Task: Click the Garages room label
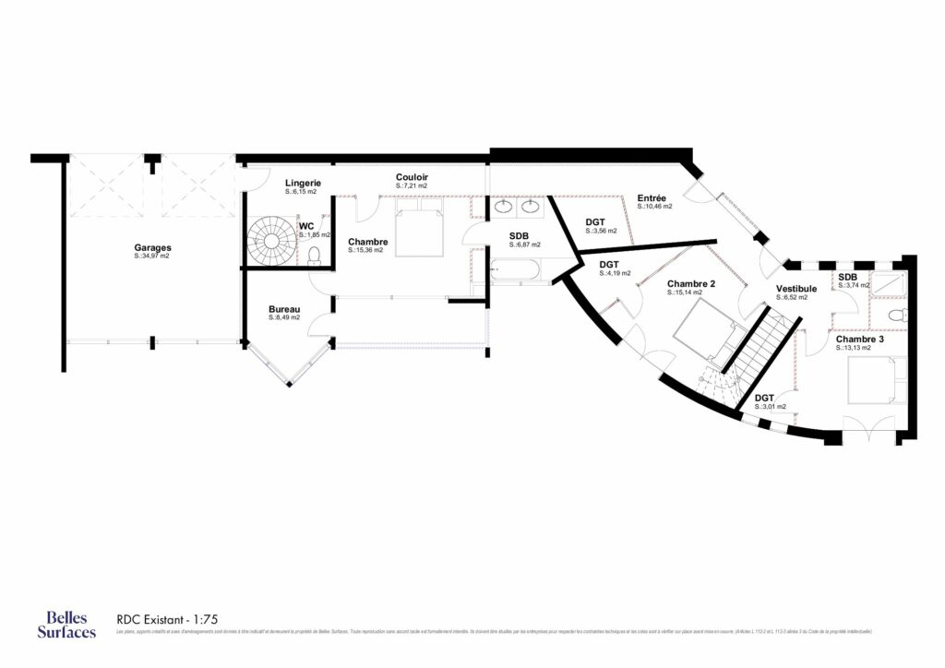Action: (152, 247)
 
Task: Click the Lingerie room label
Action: (302, 184)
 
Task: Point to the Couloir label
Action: (412, 177)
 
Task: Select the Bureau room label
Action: (284, 309)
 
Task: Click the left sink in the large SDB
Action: (505, 206)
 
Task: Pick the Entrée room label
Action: (653, 198)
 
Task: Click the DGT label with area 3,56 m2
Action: (595, 222)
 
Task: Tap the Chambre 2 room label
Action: (692, 283)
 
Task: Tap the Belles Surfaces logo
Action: (66, 624)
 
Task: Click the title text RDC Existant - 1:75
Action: (166, 619)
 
